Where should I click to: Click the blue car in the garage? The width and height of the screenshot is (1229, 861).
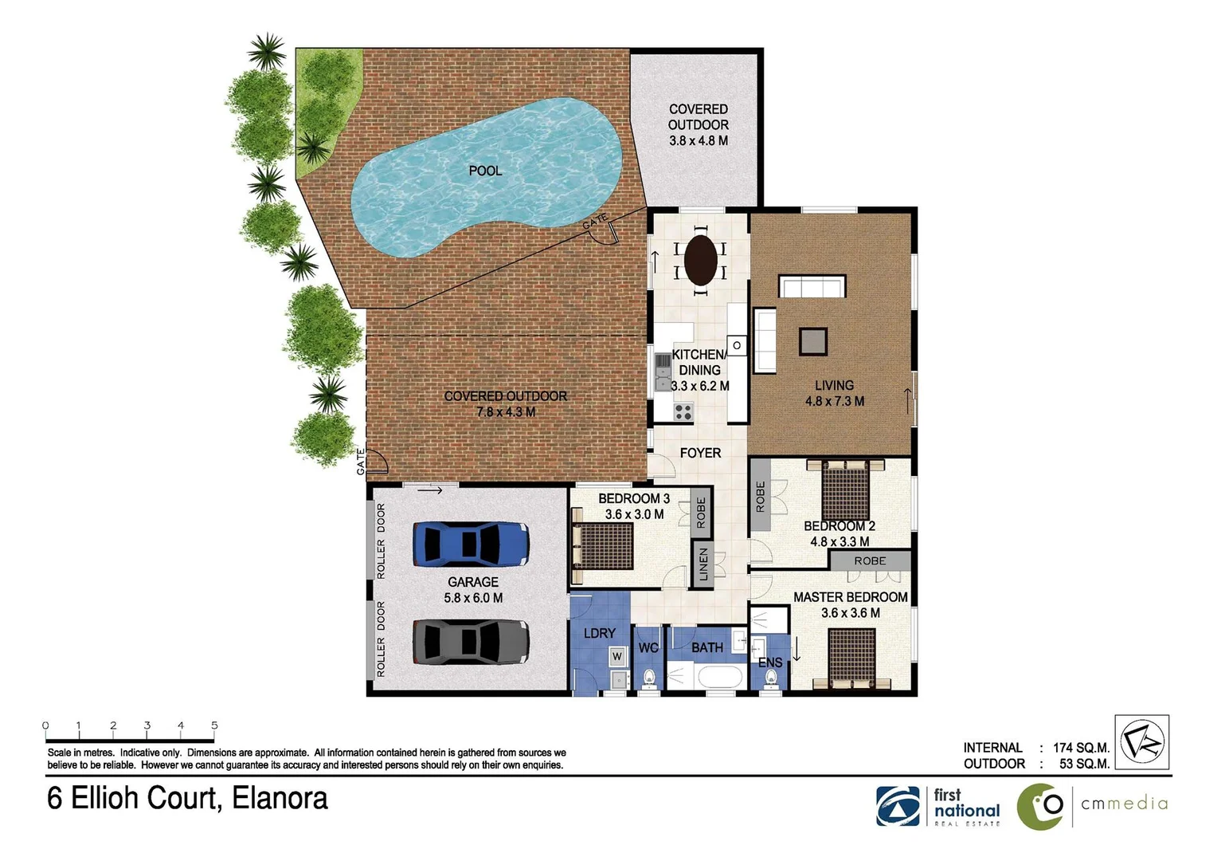pos(470,544)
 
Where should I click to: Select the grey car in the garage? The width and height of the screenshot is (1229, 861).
pos(470,642)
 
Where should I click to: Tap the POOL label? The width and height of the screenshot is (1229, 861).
pos(485,171)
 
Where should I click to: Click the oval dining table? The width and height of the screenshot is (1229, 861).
pos(700,259)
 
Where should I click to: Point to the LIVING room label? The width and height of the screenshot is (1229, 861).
pos(834,386)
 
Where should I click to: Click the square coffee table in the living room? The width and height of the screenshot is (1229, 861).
pos(813,342)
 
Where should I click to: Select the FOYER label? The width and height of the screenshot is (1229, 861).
pos(700,453)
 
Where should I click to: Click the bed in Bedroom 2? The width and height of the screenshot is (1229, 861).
pos(845,489)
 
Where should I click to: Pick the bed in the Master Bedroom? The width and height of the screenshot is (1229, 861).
pos(851,658)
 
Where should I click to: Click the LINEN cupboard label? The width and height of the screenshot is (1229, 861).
pos(703,564)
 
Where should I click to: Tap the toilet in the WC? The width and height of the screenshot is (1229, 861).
pos(648,678)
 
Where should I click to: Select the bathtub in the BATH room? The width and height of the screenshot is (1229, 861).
pos(719,678)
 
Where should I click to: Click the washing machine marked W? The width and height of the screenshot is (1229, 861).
pos(616,657)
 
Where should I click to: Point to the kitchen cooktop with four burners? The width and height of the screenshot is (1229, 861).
pos(683,412)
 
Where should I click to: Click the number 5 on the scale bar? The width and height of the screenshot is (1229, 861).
pos(214,725)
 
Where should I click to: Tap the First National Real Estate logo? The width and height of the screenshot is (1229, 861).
pos(937,806)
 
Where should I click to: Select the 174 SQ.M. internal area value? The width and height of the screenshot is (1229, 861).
pos(1081,748)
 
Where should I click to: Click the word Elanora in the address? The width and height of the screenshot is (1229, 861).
pos(280,799)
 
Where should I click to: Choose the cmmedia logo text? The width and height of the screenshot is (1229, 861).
pos(1124,804)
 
